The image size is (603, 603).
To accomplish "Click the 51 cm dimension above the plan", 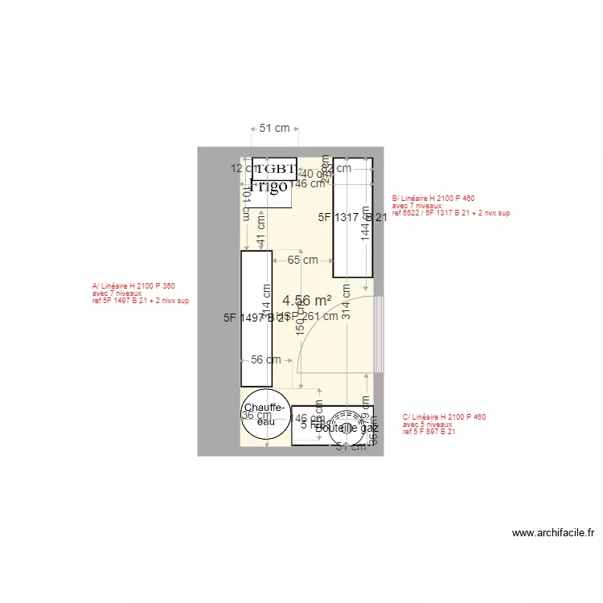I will click(x=274, y=128).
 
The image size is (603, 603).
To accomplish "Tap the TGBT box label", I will click(x=275, y=169).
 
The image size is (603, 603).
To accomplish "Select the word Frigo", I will click(x=269, y=187).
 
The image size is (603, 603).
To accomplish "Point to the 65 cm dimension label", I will click(x=302, y=260).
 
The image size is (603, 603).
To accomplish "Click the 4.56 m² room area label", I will click(x=307, y=300).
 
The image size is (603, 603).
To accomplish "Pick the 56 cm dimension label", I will click(x=266, y=359).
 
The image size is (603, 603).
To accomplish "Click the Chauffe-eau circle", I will click(x=263, y=414).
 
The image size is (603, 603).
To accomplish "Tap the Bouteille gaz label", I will click(x=347, y=429).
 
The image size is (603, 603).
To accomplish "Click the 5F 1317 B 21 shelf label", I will click(x=352, y=217).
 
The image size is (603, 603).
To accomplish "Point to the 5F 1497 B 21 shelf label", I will click(x=256, y=318).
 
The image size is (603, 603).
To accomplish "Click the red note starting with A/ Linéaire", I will click(x=133, y=293).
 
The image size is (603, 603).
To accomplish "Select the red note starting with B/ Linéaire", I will click(x=450, y=206).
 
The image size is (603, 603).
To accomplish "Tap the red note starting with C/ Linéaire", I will click(x=444, y=425).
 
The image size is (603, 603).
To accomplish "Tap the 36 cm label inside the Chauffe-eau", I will click(x=256, y=416).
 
